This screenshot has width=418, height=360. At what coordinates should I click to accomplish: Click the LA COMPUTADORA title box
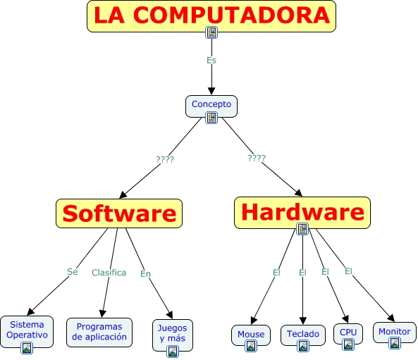[x=211, y=16]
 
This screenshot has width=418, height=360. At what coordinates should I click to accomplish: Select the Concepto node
[x=211, y=106]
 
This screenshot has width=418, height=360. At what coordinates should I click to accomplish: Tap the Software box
[x=119, y=213]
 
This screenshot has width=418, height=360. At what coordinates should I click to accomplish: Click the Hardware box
[x=302, y=213]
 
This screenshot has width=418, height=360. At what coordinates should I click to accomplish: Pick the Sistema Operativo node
[x=27, y=332]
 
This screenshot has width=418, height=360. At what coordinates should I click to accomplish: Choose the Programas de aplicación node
[x=99, y=333]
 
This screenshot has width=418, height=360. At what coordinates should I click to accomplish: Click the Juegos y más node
[x=173, y=335]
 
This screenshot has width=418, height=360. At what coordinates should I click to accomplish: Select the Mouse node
[x=251, y=335]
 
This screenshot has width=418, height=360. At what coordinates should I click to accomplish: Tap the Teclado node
[x=303, y=335]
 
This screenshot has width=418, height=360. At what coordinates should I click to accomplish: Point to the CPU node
[x=348, y=334]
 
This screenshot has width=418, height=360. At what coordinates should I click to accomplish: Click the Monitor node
[x=395, y=333]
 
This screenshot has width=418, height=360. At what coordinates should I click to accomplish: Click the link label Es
[x=211, y=61]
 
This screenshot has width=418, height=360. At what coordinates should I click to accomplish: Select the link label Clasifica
[x=109, y=273]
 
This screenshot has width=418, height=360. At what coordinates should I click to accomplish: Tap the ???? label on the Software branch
[x=165, y=160]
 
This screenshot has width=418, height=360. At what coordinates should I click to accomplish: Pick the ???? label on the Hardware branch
[x=257, y=159]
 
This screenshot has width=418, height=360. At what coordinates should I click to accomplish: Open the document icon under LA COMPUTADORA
[x=211, y=32]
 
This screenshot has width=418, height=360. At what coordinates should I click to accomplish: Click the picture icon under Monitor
[x=395, y=343]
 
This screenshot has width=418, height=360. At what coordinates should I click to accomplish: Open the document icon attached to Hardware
[x=302, y=229]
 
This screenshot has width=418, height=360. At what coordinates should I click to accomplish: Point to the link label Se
[x=72, y=272]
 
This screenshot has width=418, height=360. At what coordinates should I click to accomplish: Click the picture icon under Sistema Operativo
[x=27, y=348]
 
